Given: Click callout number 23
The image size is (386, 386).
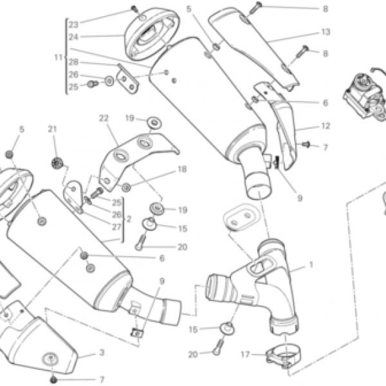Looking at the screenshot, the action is point(73,24).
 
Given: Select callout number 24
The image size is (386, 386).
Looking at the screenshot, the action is point(73,37).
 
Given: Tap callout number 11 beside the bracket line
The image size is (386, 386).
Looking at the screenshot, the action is point(59,57).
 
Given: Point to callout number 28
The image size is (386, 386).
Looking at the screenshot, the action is point(73,62).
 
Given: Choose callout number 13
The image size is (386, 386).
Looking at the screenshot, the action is point(326,32).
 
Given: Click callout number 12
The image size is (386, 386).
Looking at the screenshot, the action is point(326,126).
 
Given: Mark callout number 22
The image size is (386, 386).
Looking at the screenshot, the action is point(104,118).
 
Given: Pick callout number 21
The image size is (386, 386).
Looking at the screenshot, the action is point(52,129).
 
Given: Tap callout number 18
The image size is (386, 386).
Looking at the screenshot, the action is point(182,169).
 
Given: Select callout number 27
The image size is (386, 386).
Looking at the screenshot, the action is point(116,227).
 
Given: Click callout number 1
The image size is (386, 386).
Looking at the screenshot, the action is point(311,265).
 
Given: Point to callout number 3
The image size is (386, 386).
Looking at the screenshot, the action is point(102,353).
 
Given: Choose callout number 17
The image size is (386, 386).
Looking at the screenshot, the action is point(246,354).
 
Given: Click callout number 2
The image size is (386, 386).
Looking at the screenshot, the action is point(129,219).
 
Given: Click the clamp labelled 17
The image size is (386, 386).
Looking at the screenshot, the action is point(284,355).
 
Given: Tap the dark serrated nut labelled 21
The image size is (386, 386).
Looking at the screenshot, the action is point(57,163).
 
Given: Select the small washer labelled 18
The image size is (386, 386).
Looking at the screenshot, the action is point(126,188).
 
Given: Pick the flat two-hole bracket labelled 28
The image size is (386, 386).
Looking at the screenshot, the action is point(127,79).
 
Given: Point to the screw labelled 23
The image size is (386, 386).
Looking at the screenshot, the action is point(134,9).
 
